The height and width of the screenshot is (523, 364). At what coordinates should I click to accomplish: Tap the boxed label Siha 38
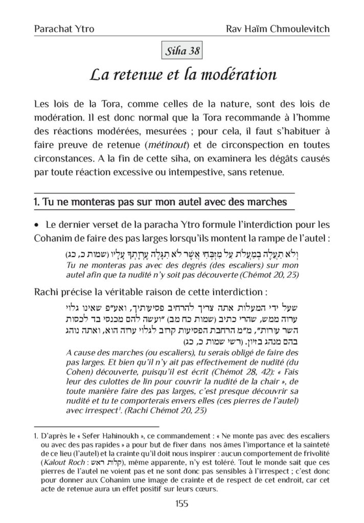tap(181, 51)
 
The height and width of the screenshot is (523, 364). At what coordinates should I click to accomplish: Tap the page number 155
tap(181, 504)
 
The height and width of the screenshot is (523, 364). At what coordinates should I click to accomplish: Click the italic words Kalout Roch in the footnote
tap(66, 462)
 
